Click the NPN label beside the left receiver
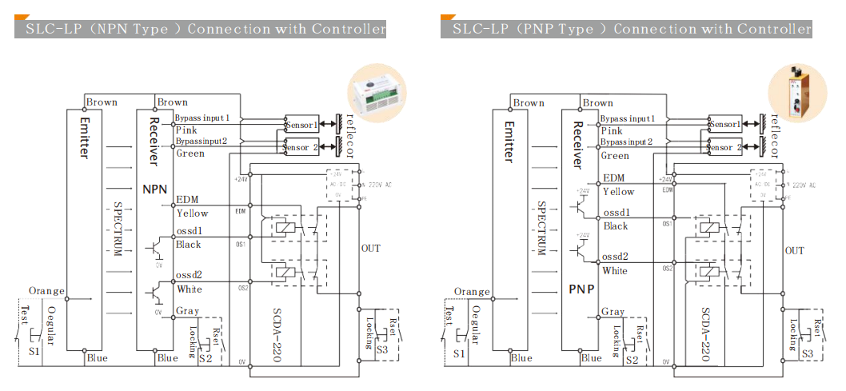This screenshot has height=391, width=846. tap(154, 190)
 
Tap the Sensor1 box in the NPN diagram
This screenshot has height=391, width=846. tap(301, 125)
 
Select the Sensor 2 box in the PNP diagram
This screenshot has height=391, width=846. tap(726, 147)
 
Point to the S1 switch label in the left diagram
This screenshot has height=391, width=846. tap(34, 353)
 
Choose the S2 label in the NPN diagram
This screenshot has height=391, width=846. tap(206, 361)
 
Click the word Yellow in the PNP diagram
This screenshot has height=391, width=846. tap(618, 192)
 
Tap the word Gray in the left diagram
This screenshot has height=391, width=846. tap(188, 311)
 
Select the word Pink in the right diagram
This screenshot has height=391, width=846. tap(612, 131)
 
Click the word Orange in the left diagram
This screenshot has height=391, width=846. tap(46, 291)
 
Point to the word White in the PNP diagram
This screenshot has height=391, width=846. tap(615, 271)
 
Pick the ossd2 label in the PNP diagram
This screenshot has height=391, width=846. tap(616, 257)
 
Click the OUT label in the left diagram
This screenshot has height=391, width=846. tap(370, 248)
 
